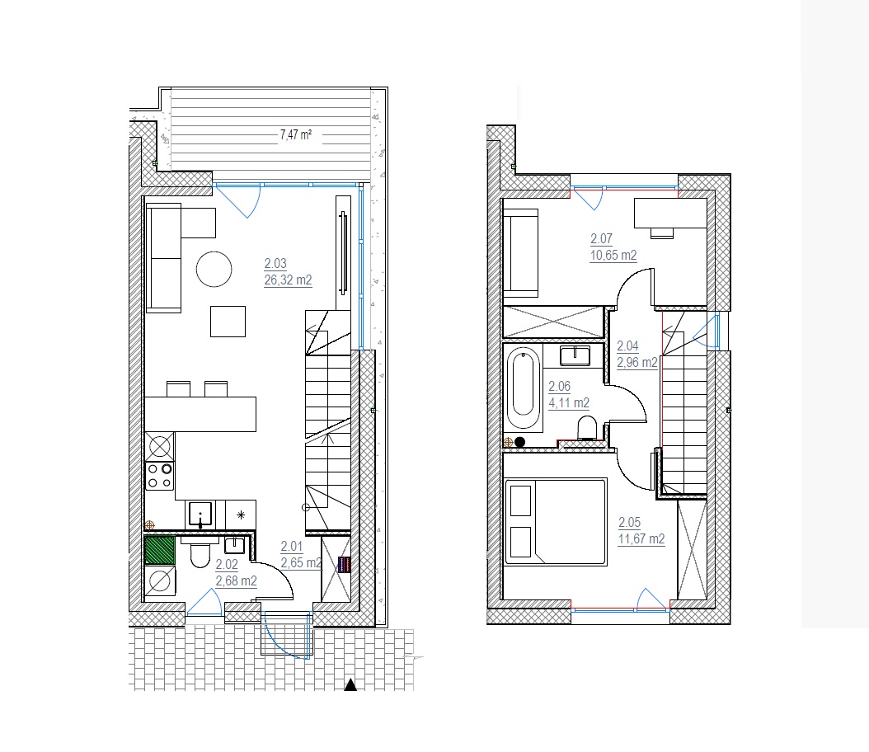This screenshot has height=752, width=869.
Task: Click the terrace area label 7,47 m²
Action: [x=295, y=134]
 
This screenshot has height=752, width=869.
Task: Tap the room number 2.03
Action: [x=275, y=264]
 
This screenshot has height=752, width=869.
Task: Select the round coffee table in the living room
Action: [x=214, y=270]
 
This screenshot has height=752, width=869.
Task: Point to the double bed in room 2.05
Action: [x=557, y=522]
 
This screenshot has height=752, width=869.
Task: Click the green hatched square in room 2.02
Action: [x=160, y=550]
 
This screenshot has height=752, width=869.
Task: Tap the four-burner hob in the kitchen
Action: [x=160, y=476]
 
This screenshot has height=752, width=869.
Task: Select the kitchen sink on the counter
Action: [x=200, y=515]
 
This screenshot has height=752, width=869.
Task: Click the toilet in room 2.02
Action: [x=200, y=554]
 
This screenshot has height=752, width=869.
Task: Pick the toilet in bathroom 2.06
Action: [x=587, y=428]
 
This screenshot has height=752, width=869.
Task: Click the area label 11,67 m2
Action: [x=641, y=538]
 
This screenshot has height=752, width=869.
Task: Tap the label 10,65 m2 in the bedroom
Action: [x=613, y=256]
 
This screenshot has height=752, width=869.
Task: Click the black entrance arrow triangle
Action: [x=350, y=685]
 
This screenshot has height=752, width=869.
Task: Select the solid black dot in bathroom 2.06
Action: [x=520, y=442]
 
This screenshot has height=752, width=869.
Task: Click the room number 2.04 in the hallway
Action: [x=628, y=345]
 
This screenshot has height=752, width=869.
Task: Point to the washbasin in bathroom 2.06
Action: [x=575, y=355]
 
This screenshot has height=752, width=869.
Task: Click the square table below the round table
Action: [x=228, y=322]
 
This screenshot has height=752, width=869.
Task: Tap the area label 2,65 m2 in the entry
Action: [x=302, y=563]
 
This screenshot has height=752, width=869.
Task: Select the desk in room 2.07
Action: [x=670, y=213]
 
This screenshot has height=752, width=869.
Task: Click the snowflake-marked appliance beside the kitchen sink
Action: [x=241, y=515]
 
